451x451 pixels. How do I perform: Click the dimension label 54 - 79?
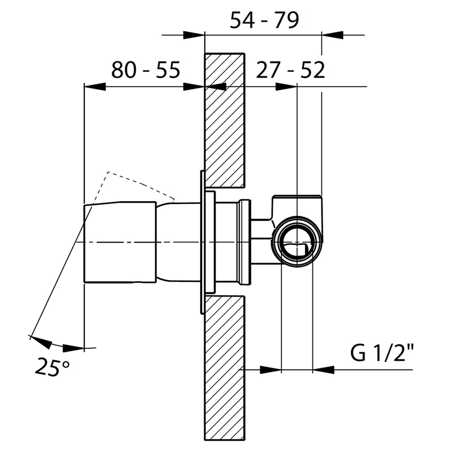264,20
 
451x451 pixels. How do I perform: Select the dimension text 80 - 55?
146,70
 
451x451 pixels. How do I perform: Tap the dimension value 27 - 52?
290,70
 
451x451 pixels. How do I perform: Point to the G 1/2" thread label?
381,353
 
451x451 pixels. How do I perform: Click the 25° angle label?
53,366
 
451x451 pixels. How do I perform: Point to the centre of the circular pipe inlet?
297,242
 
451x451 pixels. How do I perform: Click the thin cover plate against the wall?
202,242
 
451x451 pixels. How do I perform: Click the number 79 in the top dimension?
287,20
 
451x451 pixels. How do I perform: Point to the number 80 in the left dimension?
123,70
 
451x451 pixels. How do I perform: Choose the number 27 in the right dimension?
267,70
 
